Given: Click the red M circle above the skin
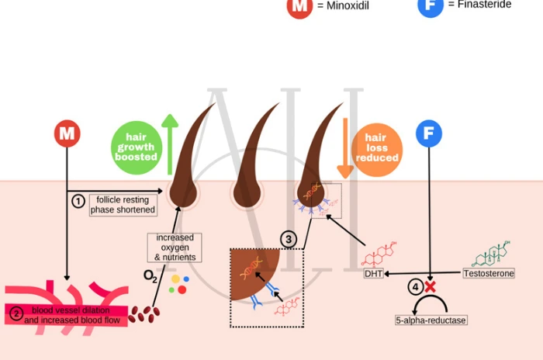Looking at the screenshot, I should (67, 133).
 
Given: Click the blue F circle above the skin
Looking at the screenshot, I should (429, 133).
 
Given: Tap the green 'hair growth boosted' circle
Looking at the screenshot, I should (136, 146).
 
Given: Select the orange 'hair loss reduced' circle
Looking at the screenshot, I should (376, 147).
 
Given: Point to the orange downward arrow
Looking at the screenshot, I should (344, 147).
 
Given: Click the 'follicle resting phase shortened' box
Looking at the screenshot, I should (123, 205).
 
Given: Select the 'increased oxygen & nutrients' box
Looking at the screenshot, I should (175, 247).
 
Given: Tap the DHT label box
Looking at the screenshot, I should (372, 273).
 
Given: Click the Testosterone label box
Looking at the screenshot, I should (489, 273).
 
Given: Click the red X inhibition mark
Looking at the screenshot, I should (429, 287).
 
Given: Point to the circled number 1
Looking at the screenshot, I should (78, 201).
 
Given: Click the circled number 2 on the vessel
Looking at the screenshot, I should (16, 313).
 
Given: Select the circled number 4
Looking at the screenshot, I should (415, 287).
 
